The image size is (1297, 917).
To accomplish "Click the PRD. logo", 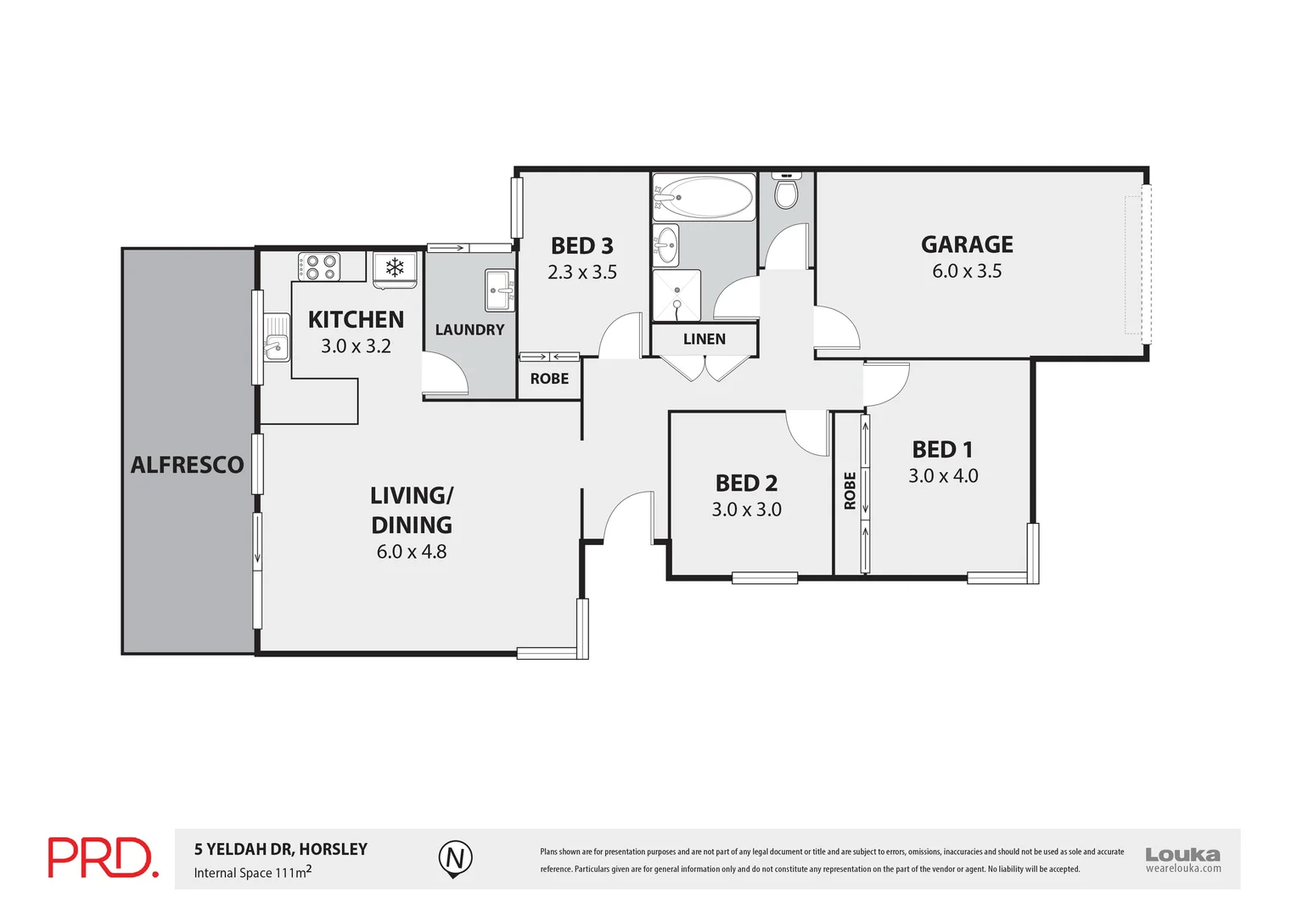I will point(102,858).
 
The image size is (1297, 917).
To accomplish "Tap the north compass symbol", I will point(455,858).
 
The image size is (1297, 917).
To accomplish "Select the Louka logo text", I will point(1182,855).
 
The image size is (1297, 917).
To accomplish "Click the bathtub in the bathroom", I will point(704,198).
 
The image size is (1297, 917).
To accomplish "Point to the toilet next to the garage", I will point(786,192).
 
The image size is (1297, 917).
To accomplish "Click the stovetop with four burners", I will point(319,267).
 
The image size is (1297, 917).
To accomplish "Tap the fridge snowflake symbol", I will point(395,268).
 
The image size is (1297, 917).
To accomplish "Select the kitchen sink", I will point(274,338).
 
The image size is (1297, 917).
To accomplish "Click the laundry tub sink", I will point(499,290).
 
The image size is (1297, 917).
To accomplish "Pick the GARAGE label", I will point(967,245).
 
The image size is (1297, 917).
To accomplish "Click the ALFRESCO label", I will point(188,465).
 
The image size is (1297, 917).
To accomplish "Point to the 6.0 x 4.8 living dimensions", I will point(412,552).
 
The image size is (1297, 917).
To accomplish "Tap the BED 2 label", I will point(746,483).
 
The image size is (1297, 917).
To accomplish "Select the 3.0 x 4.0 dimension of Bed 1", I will point(943,476).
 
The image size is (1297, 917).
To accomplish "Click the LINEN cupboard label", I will point(705,340).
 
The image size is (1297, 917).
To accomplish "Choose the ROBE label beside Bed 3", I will point(549,379).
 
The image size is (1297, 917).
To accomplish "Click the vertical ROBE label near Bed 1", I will point(850,491).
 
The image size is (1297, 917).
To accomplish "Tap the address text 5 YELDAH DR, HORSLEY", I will point(281,849).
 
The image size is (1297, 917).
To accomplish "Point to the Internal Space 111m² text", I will point(252,872).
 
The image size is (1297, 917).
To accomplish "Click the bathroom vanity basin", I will point(667,245).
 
